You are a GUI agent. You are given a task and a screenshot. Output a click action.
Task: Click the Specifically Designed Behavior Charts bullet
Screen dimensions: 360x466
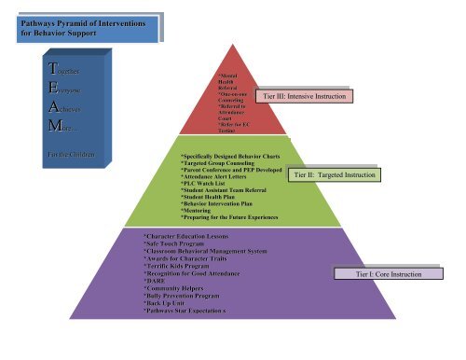pos(232,147)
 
